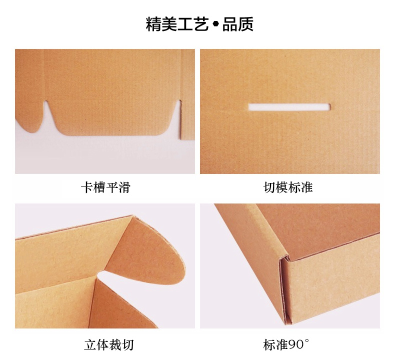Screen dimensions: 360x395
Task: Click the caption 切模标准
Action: pyautogui.click(x=288, y=188)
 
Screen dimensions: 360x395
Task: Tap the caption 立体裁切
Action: pyautogui.click(x=109, y=344)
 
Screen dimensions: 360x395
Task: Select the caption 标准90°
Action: pyautogui.click(x=286, y=344)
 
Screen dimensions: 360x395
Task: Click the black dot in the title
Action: pyautogui.click(x=215, y=24)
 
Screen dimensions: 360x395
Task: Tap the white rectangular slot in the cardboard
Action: pyautogui.click(x=289, y=106)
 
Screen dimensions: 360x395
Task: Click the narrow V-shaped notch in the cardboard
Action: pyautogui.click(x=48, y=113)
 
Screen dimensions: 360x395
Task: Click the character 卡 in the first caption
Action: pyautogui.click(x=86, y=188)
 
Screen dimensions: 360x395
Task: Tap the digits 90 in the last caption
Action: pyautogui.click(x=295, y=344)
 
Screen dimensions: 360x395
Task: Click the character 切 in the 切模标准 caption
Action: pyautogui.click(x=269, y=188)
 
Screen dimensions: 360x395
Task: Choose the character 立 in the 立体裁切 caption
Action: pyautogui.click(x=90, y=344)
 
